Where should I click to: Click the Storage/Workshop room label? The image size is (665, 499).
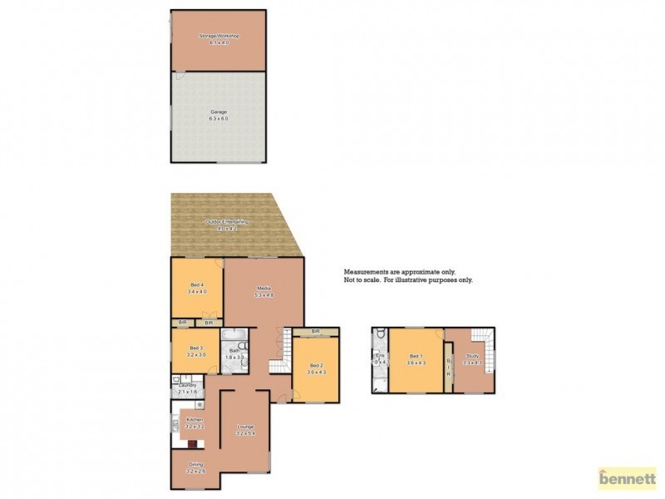pos(219,37)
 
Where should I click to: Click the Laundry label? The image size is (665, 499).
pos(187,386)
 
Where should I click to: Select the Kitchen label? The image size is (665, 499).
pos(195,422)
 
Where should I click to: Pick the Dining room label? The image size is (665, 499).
pos(195,467)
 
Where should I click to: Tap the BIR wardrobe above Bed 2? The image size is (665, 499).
pos(316,332)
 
